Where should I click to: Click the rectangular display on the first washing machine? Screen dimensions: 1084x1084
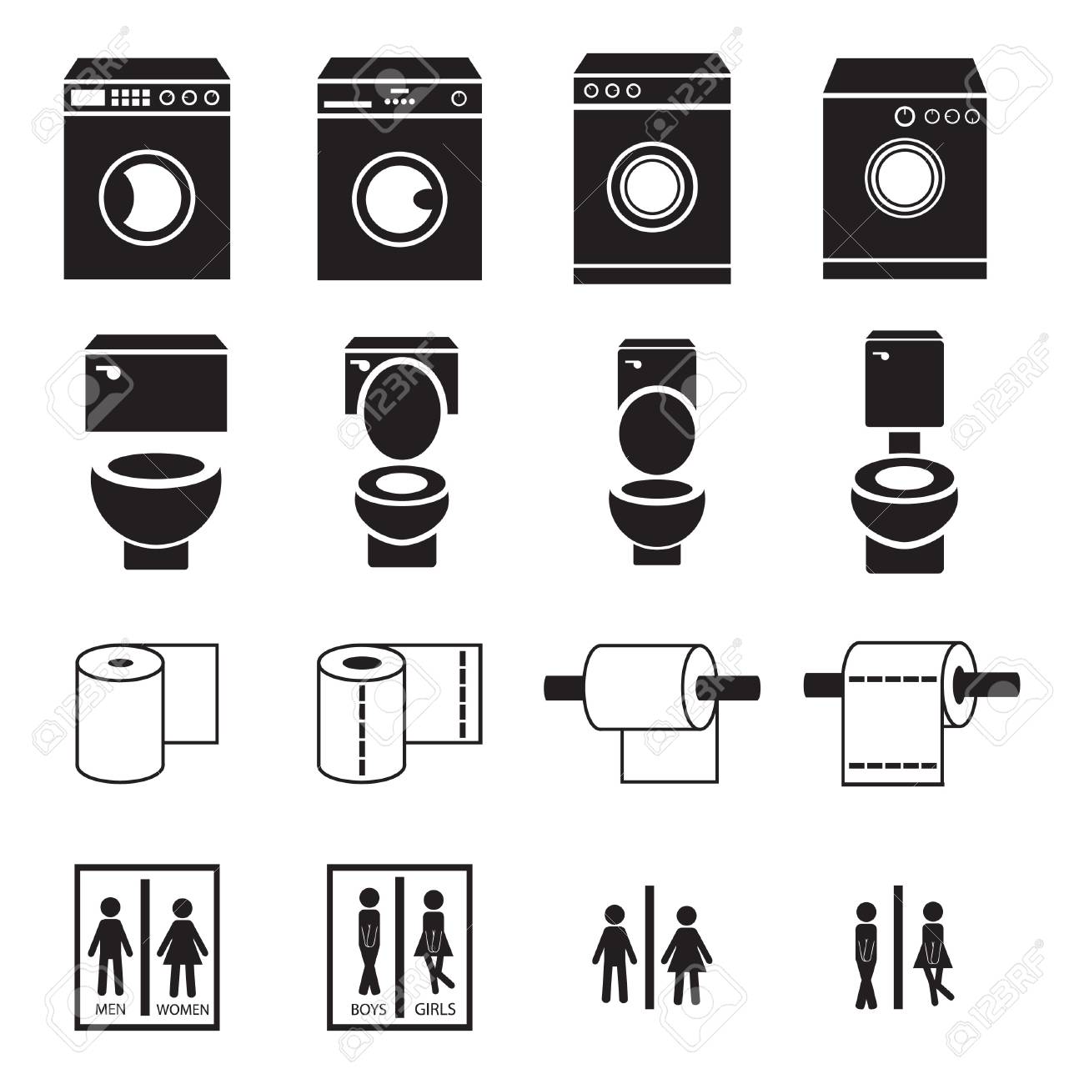click(88, 98)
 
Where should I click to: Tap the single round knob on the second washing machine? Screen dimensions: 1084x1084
click(459, 98)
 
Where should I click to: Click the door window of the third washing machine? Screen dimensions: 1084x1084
click(652, 187)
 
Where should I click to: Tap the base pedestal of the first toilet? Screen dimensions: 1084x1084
click(156, 555)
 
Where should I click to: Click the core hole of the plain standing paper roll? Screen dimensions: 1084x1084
click(120, 663)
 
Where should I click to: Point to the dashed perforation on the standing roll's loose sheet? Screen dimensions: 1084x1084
click(463, 694)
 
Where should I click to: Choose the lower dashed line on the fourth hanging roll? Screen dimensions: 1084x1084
click(892, 765)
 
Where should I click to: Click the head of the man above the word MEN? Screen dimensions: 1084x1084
click(110, 909)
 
